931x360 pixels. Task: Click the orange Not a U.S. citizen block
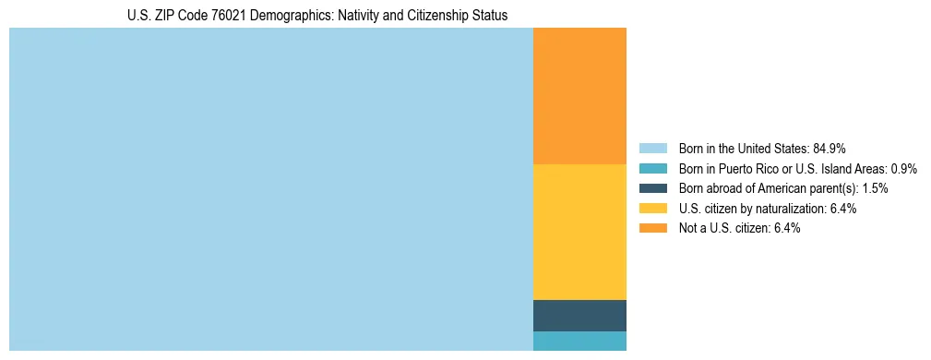[579, 96]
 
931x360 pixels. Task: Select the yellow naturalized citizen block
[579, 232]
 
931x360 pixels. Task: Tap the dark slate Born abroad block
[579, 316]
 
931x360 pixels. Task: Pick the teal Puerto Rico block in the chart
[579, 341]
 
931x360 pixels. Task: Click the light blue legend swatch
[652, 149]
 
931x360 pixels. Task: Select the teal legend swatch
[652, 169]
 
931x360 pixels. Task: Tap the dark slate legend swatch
[652, 188]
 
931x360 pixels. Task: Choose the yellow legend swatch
[652, 209]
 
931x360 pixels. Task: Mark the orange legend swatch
[652, 228]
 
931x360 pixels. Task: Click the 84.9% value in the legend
[830, 149]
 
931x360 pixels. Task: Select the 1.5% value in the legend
[875, 188]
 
